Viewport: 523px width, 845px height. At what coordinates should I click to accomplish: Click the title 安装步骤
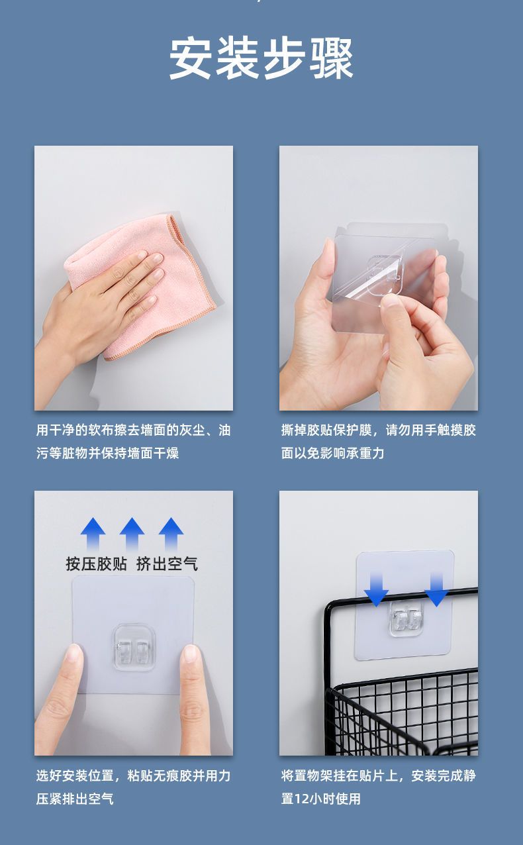pos(261,58)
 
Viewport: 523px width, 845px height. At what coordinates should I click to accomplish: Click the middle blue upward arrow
pos(132,534)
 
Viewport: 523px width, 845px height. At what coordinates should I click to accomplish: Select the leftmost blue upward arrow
pos(93,534)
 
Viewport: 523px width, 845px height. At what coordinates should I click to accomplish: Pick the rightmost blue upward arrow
pos(171,534)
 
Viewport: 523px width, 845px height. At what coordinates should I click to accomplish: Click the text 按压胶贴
pos(97,564)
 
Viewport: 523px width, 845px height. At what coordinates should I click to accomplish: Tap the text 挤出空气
pos(167,564)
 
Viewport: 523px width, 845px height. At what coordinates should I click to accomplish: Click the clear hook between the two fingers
pos(134,648)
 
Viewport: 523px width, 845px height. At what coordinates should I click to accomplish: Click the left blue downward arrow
pos(376,589)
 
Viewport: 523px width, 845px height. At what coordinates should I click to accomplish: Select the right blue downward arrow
pos(437,589)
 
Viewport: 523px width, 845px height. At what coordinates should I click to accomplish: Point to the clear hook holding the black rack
pos(405,619)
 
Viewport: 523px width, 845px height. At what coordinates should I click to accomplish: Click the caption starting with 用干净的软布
pos(134,441)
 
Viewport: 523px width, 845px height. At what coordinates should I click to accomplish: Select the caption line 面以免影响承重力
pos(332,453)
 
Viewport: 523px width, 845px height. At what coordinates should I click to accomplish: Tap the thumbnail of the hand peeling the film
pos(379,278)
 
